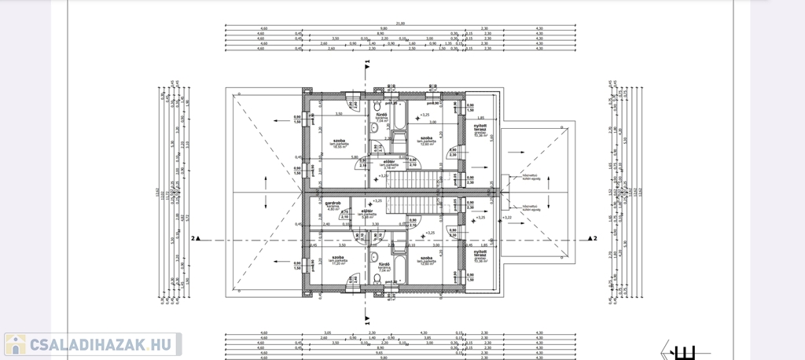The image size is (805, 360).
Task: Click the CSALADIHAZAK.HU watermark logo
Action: (x=93, y=344)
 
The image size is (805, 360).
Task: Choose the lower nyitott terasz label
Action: (x=480, y=257)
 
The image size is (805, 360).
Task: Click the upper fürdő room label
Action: (x=381, y=117)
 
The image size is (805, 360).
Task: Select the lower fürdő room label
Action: (x=384, y=266)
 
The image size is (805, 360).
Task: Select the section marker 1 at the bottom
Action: (x=366, y=321)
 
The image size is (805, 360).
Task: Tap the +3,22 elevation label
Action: (x=506, y=217)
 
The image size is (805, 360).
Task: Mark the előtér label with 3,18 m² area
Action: (x=388, y=163)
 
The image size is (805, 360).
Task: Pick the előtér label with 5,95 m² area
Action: (x=366, y=212)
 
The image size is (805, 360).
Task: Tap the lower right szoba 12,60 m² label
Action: (x=428, y=260)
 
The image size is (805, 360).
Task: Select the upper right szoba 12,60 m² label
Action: (x=428, y=141)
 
